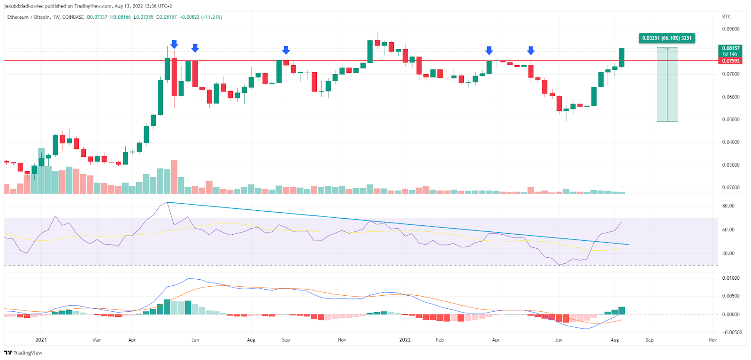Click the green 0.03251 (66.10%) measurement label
[x=667, y=38]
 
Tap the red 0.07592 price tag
[x=730, y=61]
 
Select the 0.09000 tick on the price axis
[x=730, y=29]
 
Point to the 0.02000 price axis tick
[x=730, y=188]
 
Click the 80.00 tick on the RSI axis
[x=728, y=206]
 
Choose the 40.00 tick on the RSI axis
[x=728, y=253]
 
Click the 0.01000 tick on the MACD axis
[x=730, y=278]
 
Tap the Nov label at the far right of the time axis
[x=712, y=340]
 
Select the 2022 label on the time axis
[x=405, y=340]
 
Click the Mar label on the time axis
[x=97, y=340]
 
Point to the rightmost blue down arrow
[x=531, y=50]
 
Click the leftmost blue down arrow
[x=174, y=44]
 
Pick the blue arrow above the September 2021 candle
[x=286, y=50]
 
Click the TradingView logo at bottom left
[x=23, y=353]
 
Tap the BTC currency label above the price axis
[x=726, y=17]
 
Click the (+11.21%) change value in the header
[x=212, y=17]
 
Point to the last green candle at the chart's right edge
[x=621, y=57]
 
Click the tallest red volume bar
[x=174, y=176]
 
